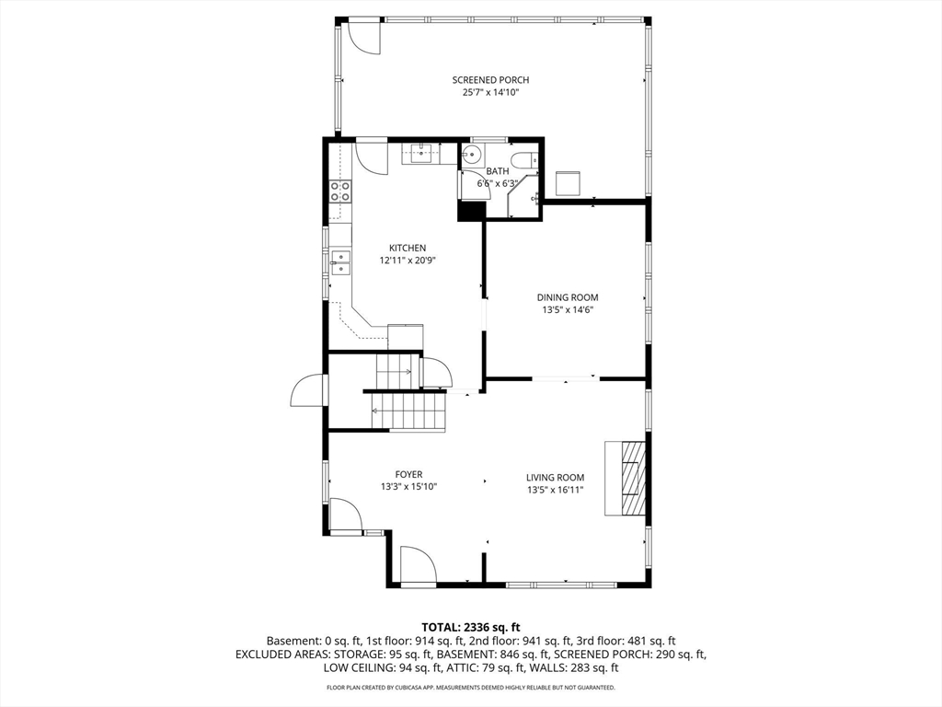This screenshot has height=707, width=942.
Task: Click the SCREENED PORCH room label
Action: click(x=490, y=80)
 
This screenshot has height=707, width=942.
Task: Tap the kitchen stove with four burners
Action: click(x=340, y=191)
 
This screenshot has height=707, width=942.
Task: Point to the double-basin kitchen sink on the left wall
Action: click(x=340, y=263)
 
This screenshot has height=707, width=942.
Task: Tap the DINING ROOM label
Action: click(x=568, y=297)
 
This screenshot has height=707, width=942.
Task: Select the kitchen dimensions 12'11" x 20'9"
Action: click(x=407, y=261)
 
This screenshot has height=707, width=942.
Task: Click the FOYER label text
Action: click(x=408, y=475)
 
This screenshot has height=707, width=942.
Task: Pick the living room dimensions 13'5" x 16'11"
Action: click(x=555, y=490)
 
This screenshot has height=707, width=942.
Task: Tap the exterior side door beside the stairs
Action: click(x=307, y=391)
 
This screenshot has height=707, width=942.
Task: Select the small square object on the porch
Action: click(x=568, y=182)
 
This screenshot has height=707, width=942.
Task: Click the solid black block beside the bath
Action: click(x=471, y=211)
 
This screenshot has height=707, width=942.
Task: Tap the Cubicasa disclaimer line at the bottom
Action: click(x=471, y=688)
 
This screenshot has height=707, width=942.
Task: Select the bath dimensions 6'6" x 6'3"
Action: click(x=497, y=183)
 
